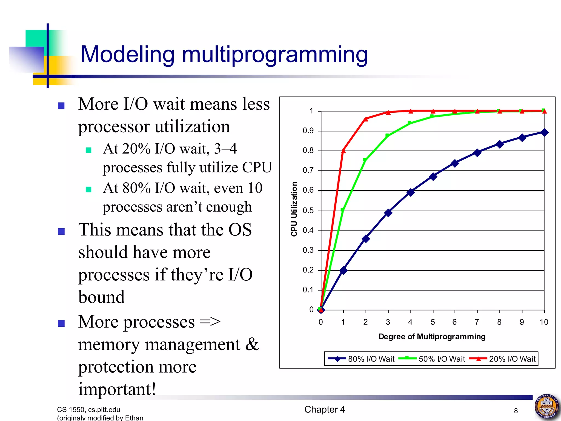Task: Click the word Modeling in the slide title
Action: coord(128,55)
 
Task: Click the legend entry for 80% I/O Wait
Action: coord(362,359)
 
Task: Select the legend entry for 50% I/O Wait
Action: coord(432,359)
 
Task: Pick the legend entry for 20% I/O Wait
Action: coord(503,359)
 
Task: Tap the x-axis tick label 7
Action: coord(477,322)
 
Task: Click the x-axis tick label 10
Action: coord(544,322)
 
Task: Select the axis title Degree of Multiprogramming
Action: coord(432,337)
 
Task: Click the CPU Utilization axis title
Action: coord(294,209)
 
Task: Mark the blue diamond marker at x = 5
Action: coord(433,177)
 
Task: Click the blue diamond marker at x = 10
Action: coord(544,133)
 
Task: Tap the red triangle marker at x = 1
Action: coord(343,151)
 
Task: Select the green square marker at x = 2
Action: coord(365,160)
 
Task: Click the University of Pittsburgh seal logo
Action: coord(546,406)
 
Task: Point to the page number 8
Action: coord(516,411)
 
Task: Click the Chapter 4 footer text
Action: coord(325,409)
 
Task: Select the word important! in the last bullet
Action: coord(117,389)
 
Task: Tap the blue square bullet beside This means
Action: coord(61,232)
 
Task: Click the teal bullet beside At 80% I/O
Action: coord(88,189)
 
